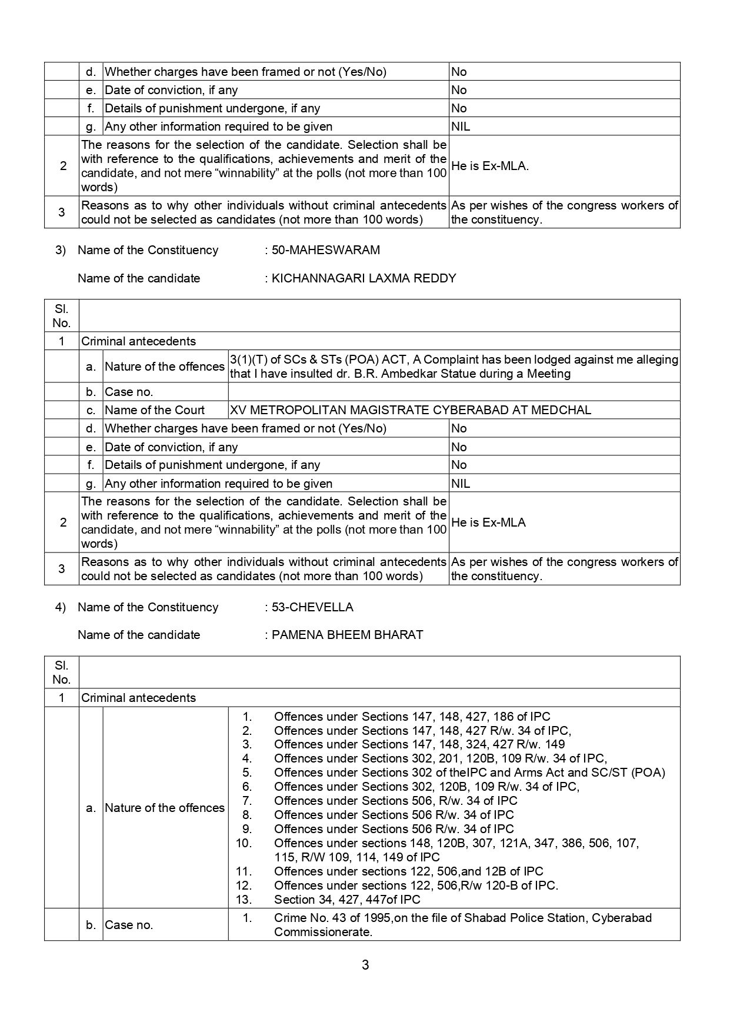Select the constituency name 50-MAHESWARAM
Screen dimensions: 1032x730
pyautogui.click(x=325, y=250)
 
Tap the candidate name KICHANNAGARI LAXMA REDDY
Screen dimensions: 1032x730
pyautogui.click(x=364, y=278)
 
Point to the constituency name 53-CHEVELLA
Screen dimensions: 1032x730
pyautogui.click(x=312, y=607)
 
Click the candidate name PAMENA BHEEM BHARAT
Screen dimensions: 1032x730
pyautogui.click(x=347, y=635)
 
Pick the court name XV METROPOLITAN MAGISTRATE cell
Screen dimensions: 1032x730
pyautogui.click(x=410, y=410)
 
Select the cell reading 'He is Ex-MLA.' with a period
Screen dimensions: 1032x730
pyautogui.click(x=490, y=166)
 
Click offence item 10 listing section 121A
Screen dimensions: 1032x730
pyautogui.click(x=456, y=843)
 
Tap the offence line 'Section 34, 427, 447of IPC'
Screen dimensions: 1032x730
pyautogui.click(x=347, y=900)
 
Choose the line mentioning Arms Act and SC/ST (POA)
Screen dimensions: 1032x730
pyautogui.click(x=469, y=773)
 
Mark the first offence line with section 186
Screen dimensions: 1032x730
pyautogui.click(x=412, y=717)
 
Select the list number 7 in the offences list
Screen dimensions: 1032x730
pyautogui.click(x=247, y=801)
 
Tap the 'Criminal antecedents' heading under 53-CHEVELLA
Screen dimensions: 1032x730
pyautogui.click(x=138, y=698)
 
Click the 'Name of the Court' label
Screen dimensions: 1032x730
pyautogui.click(x=155, y=410)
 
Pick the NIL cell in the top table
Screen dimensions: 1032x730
pyautogui.click(x=461, y=126)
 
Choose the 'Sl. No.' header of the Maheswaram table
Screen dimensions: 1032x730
pyautogui.click(x=61, y=316)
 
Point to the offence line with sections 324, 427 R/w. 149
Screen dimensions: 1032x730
pyautogui.click(x=419, y=744)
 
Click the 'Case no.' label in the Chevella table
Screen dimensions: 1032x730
pyautogui.click(x=129, y=925)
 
